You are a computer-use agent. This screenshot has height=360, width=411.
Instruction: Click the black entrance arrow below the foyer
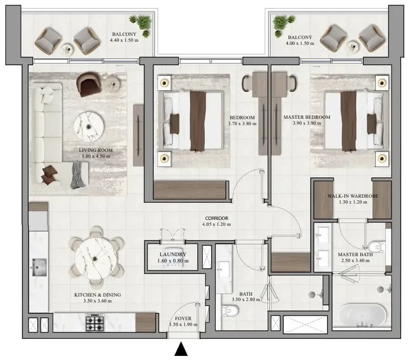point(181,349)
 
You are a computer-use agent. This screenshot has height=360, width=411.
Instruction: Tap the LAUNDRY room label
point(173,254)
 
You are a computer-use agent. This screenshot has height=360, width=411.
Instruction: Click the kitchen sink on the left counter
point(39,267)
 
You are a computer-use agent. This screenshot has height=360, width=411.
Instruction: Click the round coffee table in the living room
point(89,127)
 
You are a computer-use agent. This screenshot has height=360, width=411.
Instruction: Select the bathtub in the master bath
point(363,315)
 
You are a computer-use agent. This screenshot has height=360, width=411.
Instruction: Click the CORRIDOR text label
point(217,218)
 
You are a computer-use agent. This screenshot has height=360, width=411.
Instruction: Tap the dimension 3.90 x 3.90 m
point(307,123)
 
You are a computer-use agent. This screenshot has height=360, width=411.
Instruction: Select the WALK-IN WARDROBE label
point(353,196)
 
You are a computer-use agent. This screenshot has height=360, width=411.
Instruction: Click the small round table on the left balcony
point(68,49)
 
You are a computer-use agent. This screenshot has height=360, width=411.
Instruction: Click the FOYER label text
point(183,318)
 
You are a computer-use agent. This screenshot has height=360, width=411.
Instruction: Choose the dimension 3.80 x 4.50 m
point(96,156)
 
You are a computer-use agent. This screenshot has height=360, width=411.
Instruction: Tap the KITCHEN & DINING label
point(97,295)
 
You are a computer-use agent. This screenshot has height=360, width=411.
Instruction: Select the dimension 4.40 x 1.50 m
point(124,40)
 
